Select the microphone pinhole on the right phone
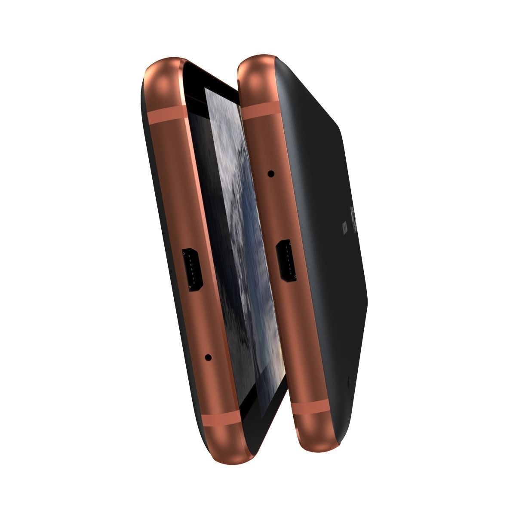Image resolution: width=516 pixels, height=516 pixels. (271, 174)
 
